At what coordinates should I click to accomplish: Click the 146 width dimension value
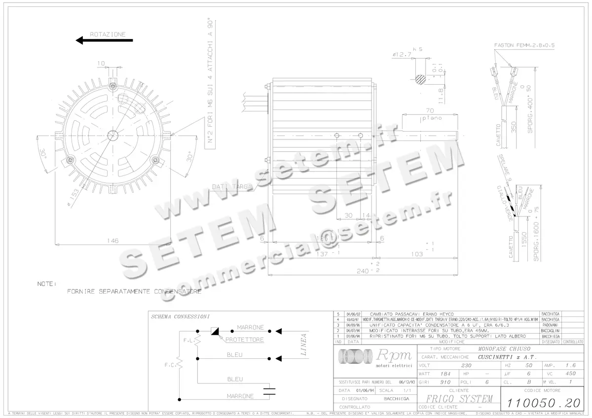(113, 241)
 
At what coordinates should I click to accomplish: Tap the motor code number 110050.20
(541, 403)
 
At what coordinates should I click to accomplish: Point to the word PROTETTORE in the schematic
(245, 340)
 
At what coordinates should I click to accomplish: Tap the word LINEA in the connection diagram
(304, 345)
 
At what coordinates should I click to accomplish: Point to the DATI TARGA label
(232, 187)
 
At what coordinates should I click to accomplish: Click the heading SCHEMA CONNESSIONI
(180, 316)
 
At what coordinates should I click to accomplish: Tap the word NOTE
(47, 284)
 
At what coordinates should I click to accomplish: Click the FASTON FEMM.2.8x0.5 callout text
(524, 45)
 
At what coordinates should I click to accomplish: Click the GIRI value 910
(445, 382)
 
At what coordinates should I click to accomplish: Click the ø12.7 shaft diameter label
(402, 55)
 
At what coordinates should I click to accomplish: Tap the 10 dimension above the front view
(101, 63)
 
